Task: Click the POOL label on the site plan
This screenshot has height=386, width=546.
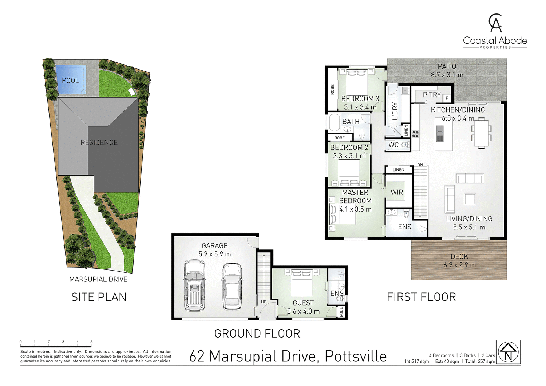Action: click(70, 80)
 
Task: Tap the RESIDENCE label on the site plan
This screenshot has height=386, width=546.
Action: click(99, 142)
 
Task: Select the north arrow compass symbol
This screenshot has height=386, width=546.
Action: click(508, 352)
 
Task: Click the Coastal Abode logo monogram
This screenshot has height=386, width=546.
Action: click(495, 23)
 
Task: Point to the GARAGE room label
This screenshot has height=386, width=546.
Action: click(215, 246)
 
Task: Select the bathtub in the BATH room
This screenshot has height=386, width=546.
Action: click(334, 122)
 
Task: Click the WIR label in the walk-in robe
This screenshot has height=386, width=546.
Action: click(397, 192)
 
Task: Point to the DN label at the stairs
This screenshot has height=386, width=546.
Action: click(420, 165)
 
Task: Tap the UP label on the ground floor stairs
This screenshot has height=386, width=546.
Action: click(264, 302)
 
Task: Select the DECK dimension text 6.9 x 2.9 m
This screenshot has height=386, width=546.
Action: click(459, 265)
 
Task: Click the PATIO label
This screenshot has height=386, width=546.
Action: click(447, 66)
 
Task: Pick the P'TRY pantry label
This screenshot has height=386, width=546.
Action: click(432, 95)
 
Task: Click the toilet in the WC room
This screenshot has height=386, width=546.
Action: click(404, 145)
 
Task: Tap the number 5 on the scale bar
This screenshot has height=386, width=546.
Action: click(91, 342)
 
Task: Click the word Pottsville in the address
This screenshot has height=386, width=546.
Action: click(356, 356)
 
